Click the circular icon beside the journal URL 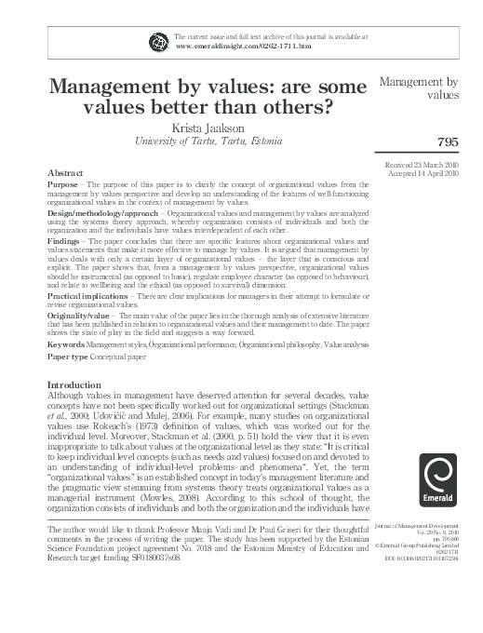pos(156,40)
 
